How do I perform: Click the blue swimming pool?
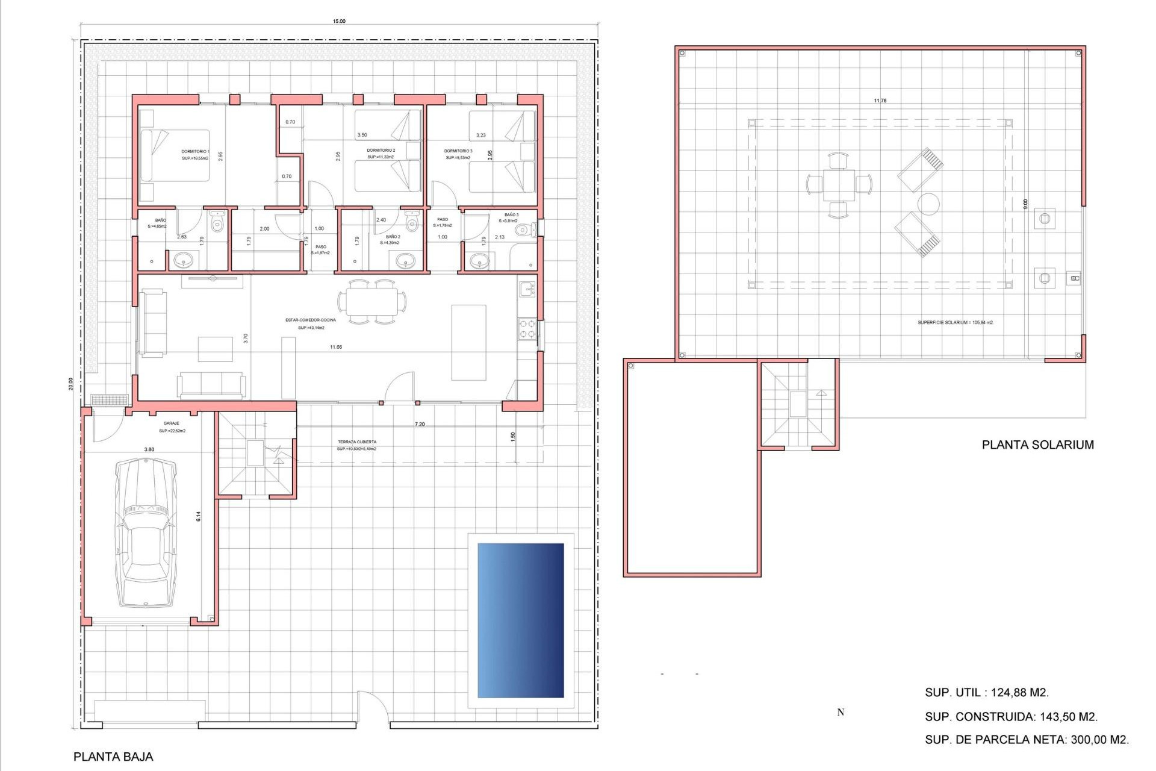point(521,620)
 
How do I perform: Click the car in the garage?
point(146,532)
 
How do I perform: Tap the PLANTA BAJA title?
point(113,757)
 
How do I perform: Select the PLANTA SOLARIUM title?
point(1037,445)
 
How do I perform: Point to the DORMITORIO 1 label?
point(195,152)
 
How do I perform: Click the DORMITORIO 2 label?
point(381,151)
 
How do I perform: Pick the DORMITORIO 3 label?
point(458,151)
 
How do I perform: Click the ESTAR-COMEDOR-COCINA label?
point(311,320)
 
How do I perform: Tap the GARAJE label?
point(172,423)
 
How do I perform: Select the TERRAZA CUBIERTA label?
point(357,442)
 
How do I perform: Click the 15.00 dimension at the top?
point(339,22)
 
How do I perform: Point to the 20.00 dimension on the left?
point(70,384)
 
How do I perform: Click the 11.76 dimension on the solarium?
point(880,101)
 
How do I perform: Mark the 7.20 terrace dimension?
point(420,425)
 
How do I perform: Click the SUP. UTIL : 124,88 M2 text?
point(987,693)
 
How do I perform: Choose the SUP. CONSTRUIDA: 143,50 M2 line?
point(1011,717)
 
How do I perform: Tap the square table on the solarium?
point(839,185)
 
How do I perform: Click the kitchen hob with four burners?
point(527,329)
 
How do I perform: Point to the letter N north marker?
point(841,713)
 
